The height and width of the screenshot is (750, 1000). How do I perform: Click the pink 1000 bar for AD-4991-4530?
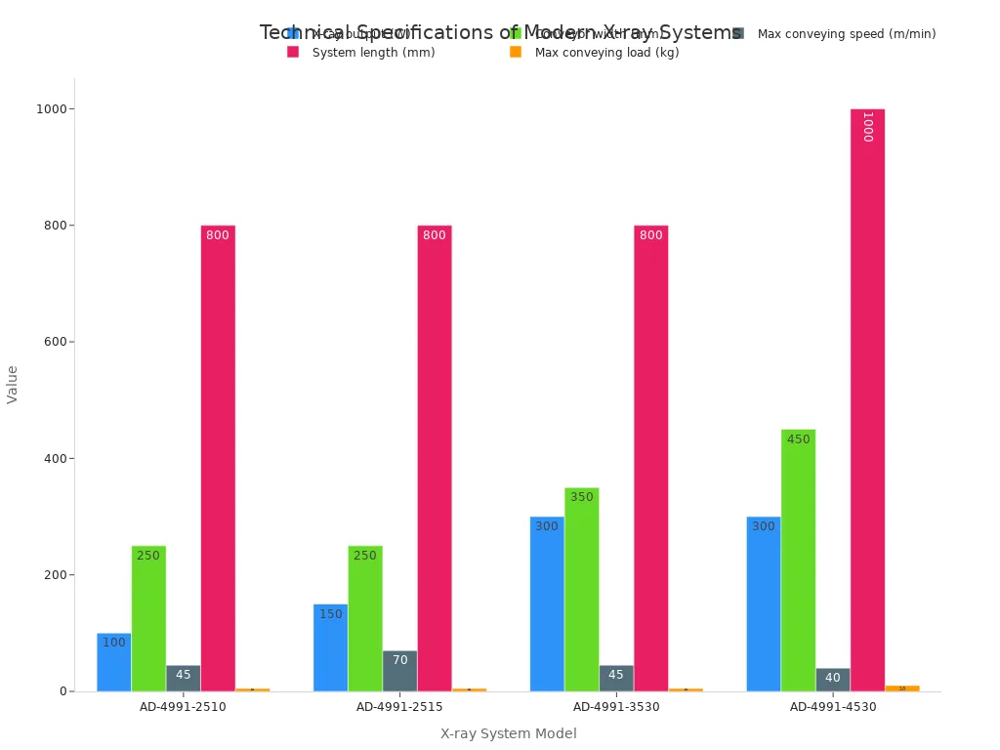tap(867, 400)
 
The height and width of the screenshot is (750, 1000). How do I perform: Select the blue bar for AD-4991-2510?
tap(114, 662)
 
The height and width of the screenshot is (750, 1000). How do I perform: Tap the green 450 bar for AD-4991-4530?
tap(798, 561)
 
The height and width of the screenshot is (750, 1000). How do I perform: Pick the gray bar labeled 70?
tap(399, 671)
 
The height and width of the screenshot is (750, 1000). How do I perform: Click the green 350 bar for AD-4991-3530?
tap(581, 590)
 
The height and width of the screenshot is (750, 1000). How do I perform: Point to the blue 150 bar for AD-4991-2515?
tap(330, 647)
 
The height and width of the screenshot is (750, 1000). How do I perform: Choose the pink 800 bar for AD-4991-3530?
tap(650, 459)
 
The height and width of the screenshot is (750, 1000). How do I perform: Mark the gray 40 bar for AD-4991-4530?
tap(832, 680)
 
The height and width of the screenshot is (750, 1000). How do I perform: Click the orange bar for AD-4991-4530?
tap(901, 688)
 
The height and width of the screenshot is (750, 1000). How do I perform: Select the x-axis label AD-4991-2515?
tap(399, 707)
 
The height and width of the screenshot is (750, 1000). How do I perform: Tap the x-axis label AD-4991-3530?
tap(616, 707)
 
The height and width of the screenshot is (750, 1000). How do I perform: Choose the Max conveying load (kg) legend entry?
tap(606, 53)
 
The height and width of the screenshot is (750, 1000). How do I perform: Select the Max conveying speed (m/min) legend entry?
tap(846, 34)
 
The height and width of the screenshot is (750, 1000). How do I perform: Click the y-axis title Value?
tap(13, 385)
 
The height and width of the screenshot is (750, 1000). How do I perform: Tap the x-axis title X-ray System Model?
tap(508, 733)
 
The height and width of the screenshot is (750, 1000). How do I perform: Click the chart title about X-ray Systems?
tap(500, 33)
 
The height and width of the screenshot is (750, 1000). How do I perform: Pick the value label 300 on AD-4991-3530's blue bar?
tap(547, 526)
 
